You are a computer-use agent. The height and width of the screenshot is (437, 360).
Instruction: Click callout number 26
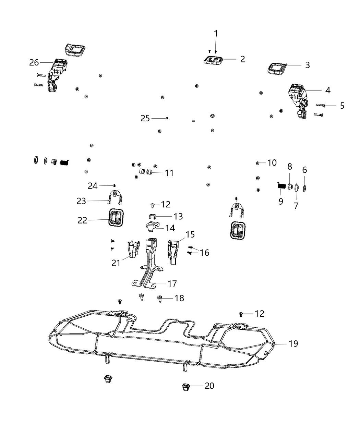[34, 62]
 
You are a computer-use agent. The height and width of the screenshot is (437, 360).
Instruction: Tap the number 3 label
[307, 65]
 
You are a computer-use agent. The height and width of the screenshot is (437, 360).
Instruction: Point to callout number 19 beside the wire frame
[293, 343]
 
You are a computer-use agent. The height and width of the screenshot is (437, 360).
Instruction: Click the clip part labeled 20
[186, 387]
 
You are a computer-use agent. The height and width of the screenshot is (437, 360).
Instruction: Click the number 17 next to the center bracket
[172, 284]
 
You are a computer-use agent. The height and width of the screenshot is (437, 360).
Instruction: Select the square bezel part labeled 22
[115, 217]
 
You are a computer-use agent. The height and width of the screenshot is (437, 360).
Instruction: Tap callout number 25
[145, 118]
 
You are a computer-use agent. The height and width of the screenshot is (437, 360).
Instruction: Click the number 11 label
[169, 173]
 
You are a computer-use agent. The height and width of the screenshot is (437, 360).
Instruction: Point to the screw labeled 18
[160, 299]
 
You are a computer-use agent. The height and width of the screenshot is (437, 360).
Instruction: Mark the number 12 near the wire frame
[259, 313]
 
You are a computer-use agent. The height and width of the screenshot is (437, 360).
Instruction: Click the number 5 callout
[342, 106]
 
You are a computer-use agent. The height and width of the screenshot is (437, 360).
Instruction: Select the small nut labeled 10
[257, 163]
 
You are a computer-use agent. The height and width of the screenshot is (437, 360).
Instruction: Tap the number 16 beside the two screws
[204, 253]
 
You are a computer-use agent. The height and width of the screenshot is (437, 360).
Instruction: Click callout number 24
[93, 186]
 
